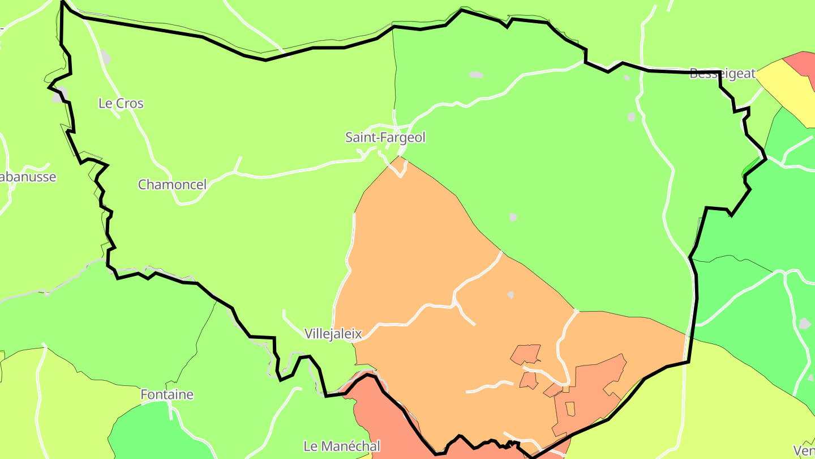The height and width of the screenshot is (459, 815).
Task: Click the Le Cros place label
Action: click(121, 104)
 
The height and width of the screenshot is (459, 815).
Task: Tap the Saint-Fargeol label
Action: click(385, 137)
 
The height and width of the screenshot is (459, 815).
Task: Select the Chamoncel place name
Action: click(172, 184)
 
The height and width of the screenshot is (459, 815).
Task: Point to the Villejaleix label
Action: click(333, 334)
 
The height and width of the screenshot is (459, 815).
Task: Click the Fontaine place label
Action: click(167, 394)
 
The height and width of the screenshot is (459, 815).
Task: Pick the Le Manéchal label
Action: click(341, 446)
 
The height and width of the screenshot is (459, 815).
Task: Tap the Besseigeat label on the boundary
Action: click(722, 74)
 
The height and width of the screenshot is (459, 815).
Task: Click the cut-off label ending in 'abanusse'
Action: click(27, 177)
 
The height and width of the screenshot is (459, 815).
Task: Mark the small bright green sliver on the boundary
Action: click(750, 167)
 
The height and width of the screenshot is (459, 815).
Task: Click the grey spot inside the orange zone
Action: click(511, 295)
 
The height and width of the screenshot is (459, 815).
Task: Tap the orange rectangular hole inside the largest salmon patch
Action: click(570, 408)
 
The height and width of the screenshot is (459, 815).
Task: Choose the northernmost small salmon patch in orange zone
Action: click(526, 354)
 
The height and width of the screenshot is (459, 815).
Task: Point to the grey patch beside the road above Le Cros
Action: click(105, 57)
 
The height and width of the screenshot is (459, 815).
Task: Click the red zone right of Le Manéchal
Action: click(391, 425)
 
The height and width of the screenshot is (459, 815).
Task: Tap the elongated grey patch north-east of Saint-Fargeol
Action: click(476, 74)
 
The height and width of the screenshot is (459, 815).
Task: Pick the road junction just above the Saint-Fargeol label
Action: click(394, 125)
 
